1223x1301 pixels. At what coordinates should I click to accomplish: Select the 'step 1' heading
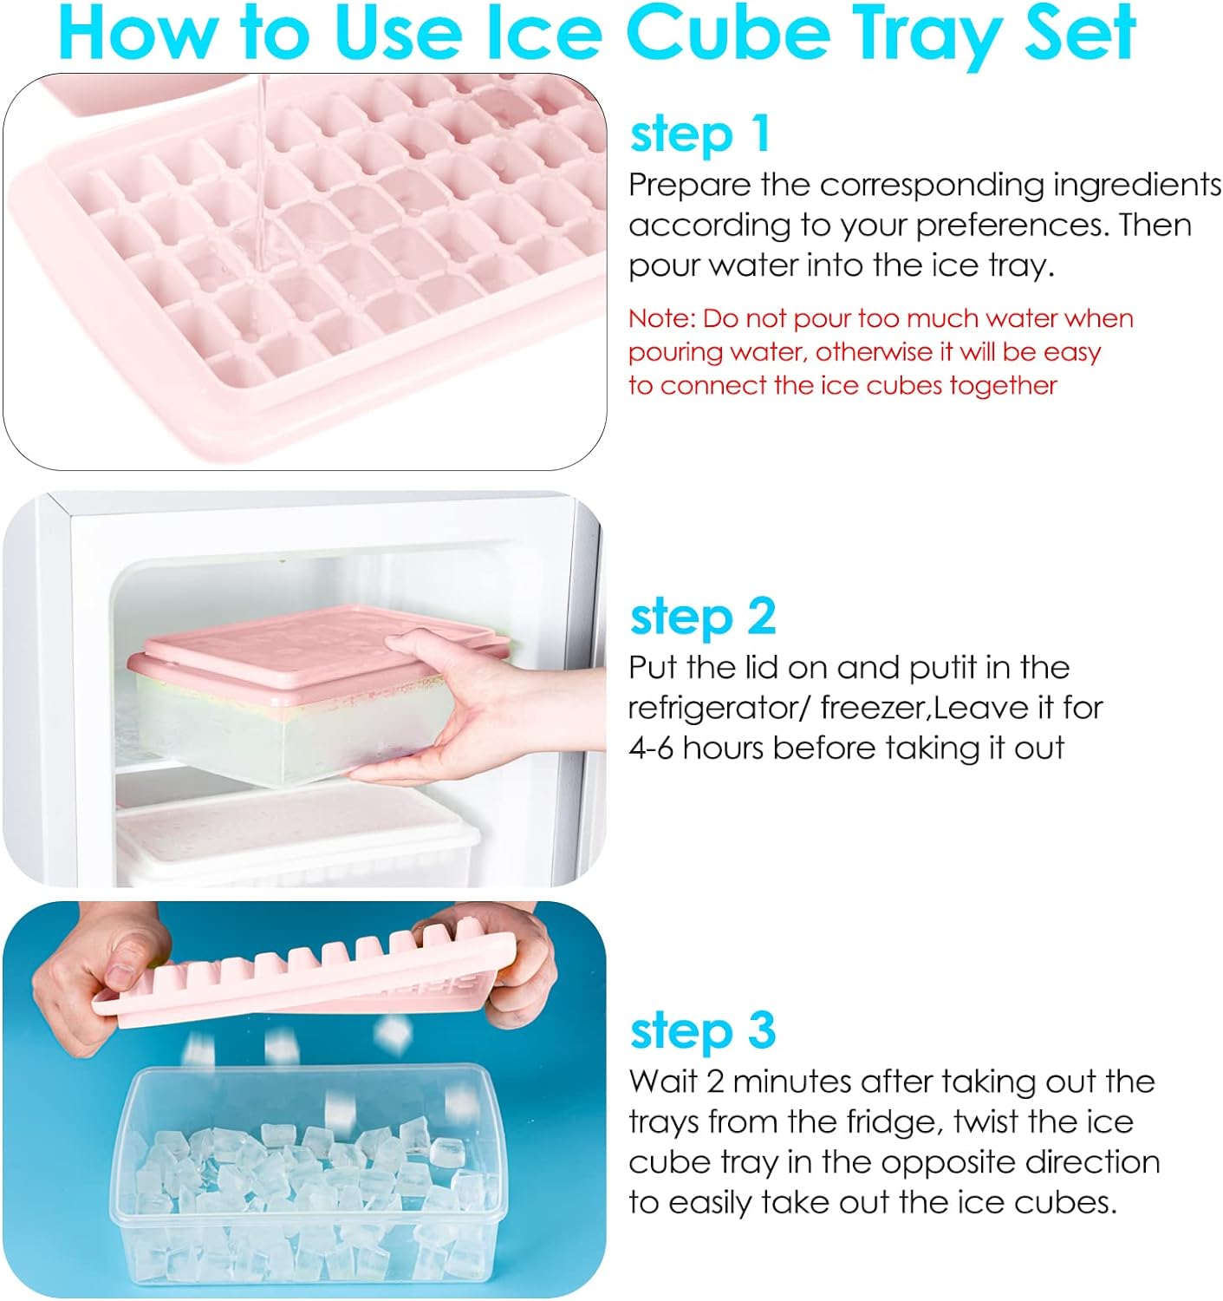tap(699, 135)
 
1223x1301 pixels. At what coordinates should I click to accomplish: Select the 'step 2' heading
tap(702, 617)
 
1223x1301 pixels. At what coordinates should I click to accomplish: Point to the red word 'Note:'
tap(662, 318)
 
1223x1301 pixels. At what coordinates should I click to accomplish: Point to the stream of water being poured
tap(263, 177)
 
